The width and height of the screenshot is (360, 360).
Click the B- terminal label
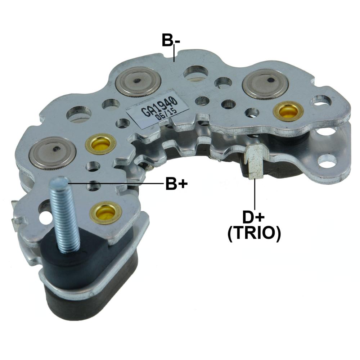(171, 40)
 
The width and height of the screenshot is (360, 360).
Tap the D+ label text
(254, 217)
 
